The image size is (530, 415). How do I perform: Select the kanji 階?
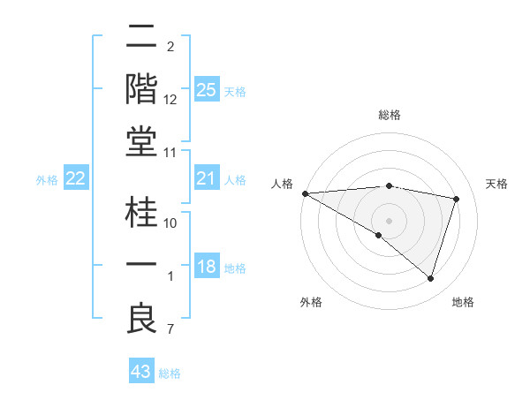pos(142,89)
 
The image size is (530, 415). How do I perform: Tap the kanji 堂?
pos(142,141)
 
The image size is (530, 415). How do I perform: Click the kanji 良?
pos(142,319)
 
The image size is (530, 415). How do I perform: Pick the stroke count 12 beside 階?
pos(170,99)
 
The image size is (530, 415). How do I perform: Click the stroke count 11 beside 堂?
pos(170,153)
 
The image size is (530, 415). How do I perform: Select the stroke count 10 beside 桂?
pos(170,223)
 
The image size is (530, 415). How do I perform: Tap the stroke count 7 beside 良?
pos(170,330)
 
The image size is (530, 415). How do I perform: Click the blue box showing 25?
pos(207,90)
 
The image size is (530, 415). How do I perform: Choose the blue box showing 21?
pos(207,179)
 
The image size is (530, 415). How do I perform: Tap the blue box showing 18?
pos(207,268)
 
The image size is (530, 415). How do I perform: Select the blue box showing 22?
pos(76,179)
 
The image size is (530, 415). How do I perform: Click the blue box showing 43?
pos(141,372)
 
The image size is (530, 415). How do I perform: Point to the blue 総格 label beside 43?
pos(170,373)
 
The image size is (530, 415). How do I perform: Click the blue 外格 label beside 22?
pos(47,180)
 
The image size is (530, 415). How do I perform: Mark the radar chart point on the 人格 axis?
pos(305,192)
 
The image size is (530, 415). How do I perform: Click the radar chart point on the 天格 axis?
pos(457,199)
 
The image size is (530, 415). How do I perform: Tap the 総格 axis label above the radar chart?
pos(389,115)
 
